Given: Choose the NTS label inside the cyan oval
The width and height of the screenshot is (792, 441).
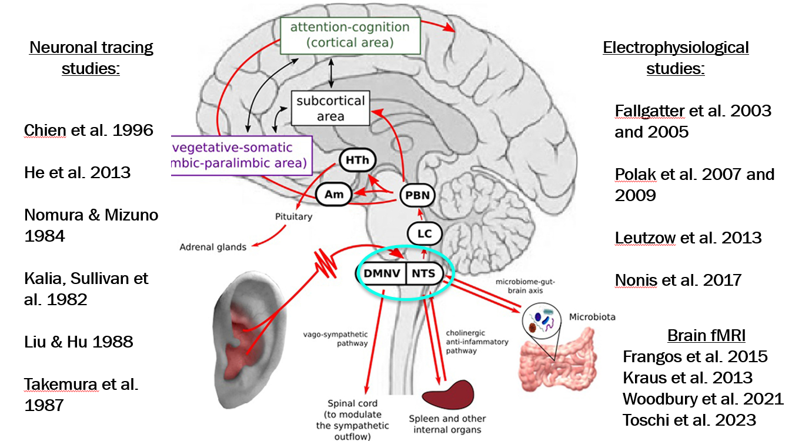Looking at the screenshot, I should [424, 273].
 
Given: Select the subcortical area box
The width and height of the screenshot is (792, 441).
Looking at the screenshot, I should [330, 108].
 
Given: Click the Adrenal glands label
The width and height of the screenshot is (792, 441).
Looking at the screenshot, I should [213, 247].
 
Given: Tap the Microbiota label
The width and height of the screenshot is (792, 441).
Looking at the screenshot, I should [592, 317].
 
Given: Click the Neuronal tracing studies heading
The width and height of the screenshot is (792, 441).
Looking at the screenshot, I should [91, 58].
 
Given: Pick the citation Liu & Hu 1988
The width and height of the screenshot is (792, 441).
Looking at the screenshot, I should [79, 342].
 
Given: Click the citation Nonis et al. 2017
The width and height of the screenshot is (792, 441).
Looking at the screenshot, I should [678, 280].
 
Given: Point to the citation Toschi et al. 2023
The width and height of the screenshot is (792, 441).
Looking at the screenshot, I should [689, 420].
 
